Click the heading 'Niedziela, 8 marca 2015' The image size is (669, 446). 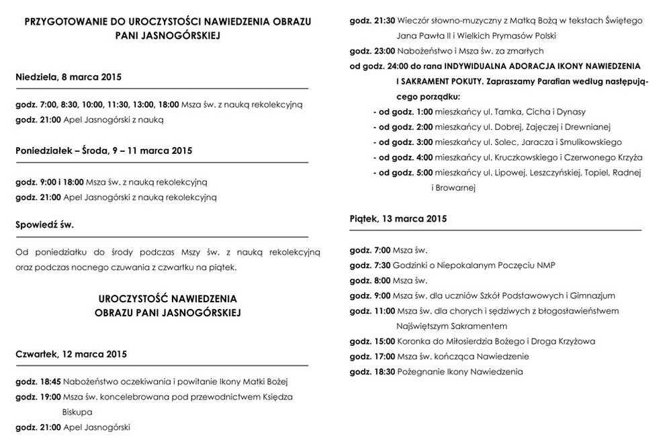click(69, 77)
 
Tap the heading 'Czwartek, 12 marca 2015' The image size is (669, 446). click(71, 354)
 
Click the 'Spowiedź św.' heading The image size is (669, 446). click(44, 224)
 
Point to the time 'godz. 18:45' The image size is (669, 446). click(38, 382)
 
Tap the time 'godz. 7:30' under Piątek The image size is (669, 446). click(370, 265)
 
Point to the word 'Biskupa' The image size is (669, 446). click(77, 412)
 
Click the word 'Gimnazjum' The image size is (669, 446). click(594, 296)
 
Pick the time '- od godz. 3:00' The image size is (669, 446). click(403, 142)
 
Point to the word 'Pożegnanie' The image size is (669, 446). click(420, 371)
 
